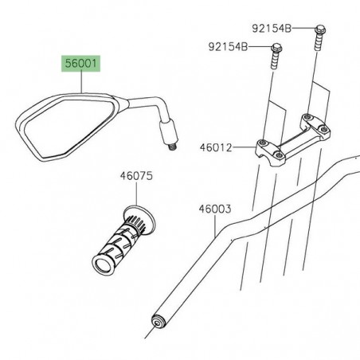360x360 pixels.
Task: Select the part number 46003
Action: (214, 210)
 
